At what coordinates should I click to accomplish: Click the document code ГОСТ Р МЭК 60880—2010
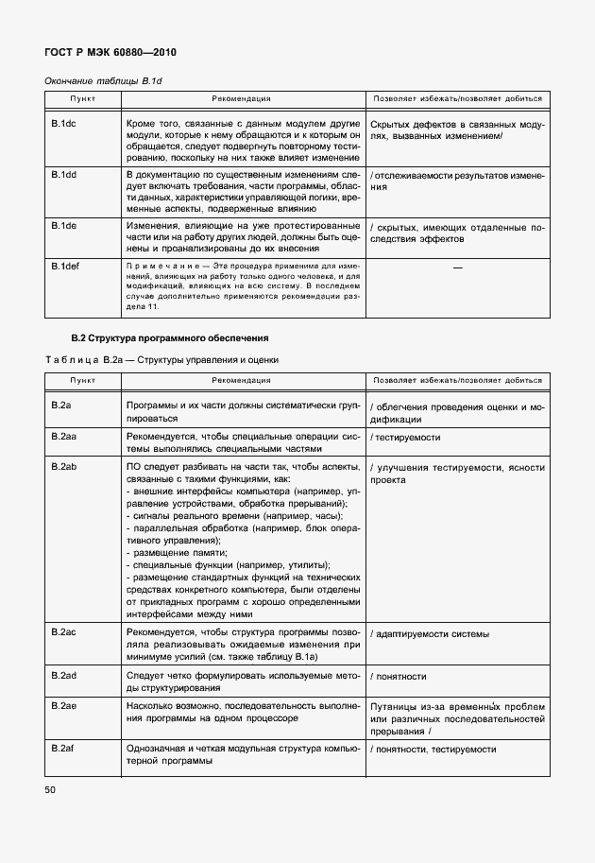pos(111,54)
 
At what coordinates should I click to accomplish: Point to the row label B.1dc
pos(63,124)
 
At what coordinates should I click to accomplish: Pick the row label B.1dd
pos(63,175)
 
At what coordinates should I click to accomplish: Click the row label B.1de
pos(63,226)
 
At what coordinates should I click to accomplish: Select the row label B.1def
pos(65,267)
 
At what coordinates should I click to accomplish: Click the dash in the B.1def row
pos(458,268)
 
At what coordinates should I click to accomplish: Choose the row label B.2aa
pos(63,437)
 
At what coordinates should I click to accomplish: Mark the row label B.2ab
pos(63,467)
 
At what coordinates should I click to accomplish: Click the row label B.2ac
pos(63,631)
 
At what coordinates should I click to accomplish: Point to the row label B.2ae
pos(63,705)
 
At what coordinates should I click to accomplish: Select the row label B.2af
pos(63,749)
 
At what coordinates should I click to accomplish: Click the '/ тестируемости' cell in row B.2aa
pos(405,438)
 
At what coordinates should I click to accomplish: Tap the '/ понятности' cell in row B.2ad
pos(399,676)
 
